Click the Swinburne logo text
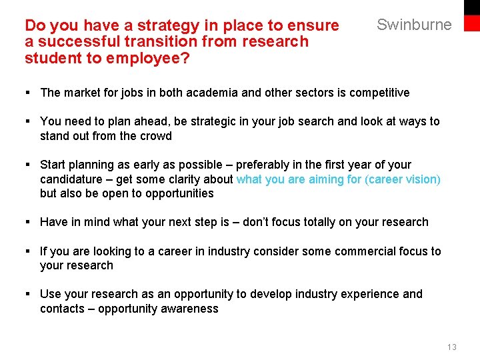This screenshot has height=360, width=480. click(414, 25)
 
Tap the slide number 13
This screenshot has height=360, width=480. click(452, 347)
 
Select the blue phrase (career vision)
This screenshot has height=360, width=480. click(403, 179)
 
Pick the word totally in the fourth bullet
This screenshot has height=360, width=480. click(323, 222)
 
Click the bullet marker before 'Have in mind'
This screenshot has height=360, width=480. click(29, 222)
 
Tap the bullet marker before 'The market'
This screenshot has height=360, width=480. click(29, 93)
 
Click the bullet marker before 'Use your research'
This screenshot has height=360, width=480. click(29, 294)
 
